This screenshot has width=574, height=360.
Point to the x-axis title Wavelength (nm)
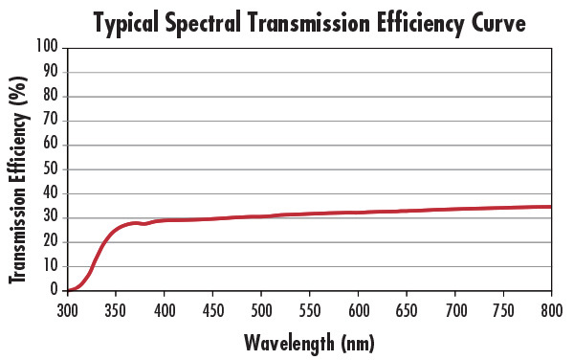(x=309, y=342)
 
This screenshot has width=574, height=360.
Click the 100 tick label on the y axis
(x=47, y=47)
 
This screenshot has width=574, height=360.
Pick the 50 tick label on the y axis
(x=51, y=169)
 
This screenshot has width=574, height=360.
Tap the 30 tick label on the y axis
(x=51, y=217)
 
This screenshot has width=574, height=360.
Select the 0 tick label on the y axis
(x=55, y=290)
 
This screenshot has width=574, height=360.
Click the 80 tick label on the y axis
(x=51, y=96)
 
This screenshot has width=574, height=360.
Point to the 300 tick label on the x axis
(x=67, y=310)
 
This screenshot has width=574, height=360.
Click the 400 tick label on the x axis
(x=164, y=310)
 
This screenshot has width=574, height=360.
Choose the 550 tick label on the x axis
(x=309, y=310)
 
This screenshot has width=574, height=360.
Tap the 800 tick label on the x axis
(x=550, y=310)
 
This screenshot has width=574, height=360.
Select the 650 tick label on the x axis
(x=406, y=310)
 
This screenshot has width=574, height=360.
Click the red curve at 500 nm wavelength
(x=260, y=216)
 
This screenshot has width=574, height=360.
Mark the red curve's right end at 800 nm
(x=550, y=207)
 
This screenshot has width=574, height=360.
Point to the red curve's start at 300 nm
(x=68, y=289)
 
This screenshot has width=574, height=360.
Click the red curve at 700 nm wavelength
(x=453, y=209)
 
